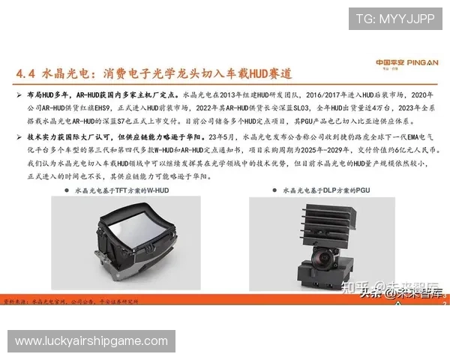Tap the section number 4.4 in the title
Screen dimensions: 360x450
(28, 74)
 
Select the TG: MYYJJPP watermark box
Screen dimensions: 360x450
(394, 19)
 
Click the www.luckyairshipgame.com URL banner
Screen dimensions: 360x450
(91, 341)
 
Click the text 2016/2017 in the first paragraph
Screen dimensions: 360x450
(310, 97)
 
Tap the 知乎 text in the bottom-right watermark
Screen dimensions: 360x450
(355, 286)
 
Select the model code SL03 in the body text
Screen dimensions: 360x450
(322, 107)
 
